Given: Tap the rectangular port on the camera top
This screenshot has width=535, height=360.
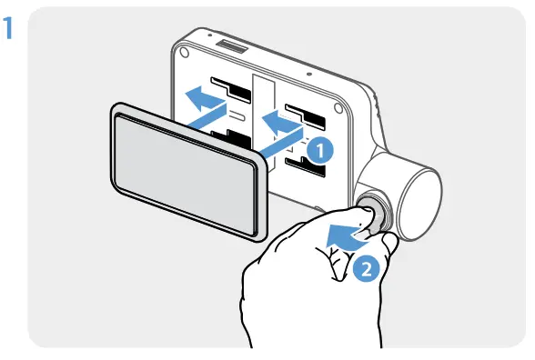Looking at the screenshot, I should click(234, 45).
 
